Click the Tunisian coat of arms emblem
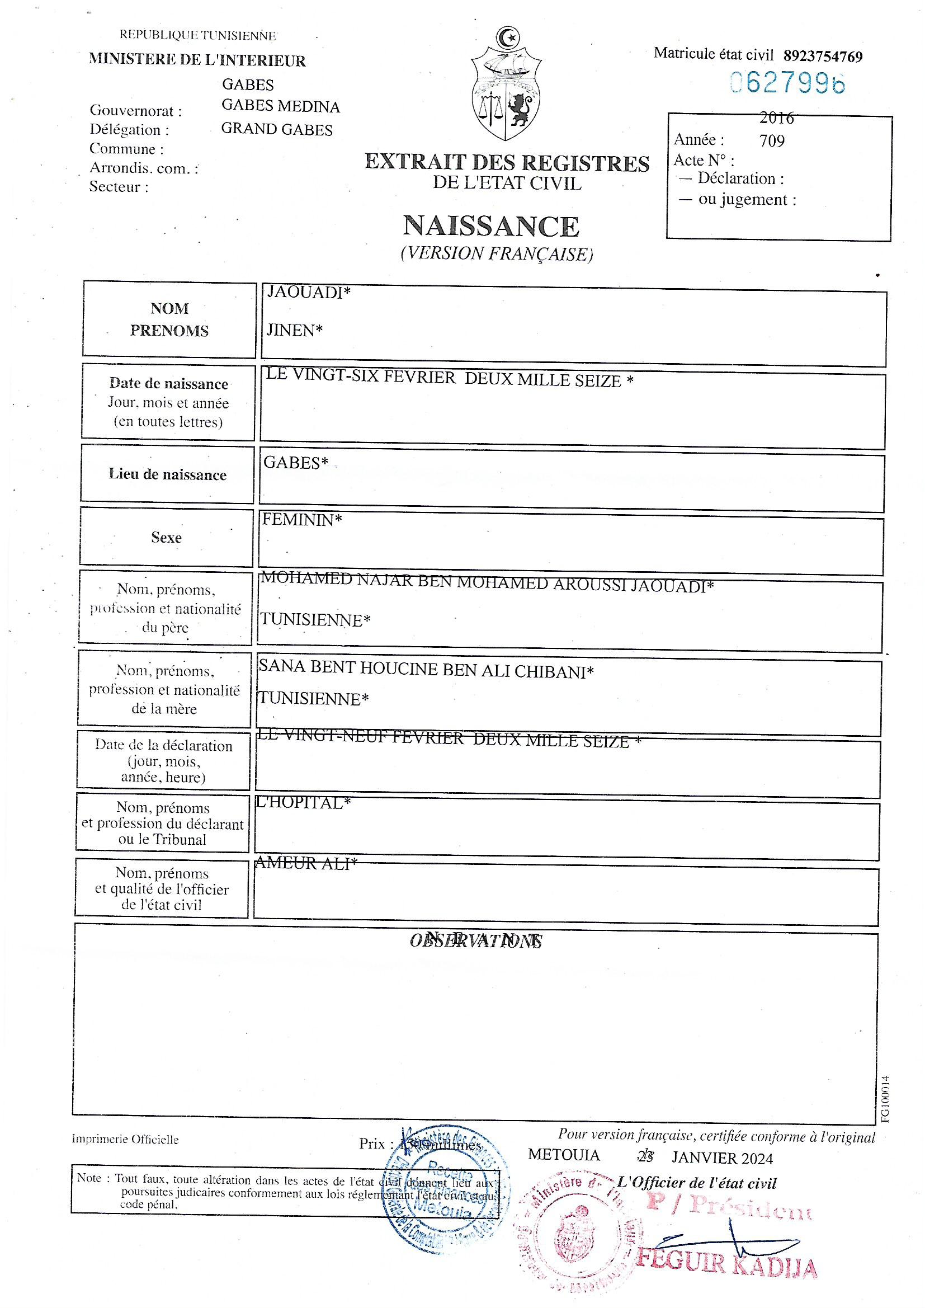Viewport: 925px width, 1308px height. (506, 85)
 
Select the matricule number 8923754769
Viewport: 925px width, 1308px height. (823, 57)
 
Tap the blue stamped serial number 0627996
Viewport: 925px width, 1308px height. (788, 84)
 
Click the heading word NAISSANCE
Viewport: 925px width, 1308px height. (491, 226)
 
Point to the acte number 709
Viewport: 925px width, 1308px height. (772, 141)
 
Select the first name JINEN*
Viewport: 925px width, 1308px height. (295, 331)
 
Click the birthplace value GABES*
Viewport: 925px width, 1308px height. (296, 463)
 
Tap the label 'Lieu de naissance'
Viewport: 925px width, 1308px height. (167, 474)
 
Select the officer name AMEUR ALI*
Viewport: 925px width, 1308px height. (306, 864)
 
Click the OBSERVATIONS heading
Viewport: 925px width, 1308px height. (475, 940)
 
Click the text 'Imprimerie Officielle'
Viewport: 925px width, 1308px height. (125, 1140)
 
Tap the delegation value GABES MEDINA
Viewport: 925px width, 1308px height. (280, 106)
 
